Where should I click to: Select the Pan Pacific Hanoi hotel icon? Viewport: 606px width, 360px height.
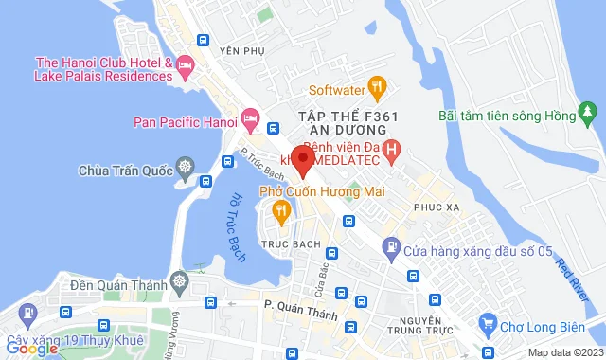pyautogui.click(x=250, y=119)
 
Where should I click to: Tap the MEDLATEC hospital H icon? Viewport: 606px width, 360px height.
pyautogui.click(x=396, y=149)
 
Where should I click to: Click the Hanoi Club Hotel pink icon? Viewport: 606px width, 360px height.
pyautogui.click(x=185, y=66)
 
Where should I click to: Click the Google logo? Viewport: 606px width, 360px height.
pyautogui.click(x=31, y=348)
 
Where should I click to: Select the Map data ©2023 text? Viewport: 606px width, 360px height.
pyautogui.click(x=564, y=352)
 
